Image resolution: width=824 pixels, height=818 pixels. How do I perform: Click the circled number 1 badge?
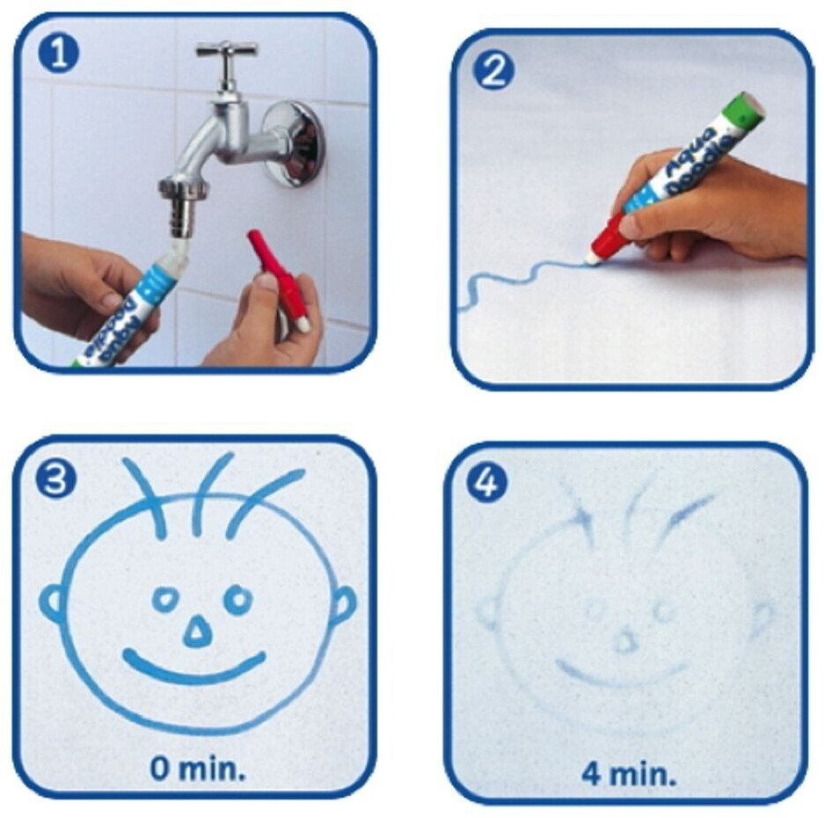[x=58, y=54]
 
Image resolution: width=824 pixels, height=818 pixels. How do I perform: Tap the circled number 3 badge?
[x=55, y=479]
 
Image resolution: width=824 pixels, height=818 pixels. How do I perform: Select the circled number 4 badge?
[x=486, y=482]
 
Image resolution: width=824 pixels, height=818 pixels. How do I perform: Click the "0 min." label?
[x=198, y=768]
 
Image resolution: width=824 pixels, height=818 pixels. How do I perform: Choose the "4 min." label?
[x=629, y=774]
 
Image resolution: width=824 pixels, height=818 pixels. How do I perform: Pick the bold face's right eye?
[x=238, y=599]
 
